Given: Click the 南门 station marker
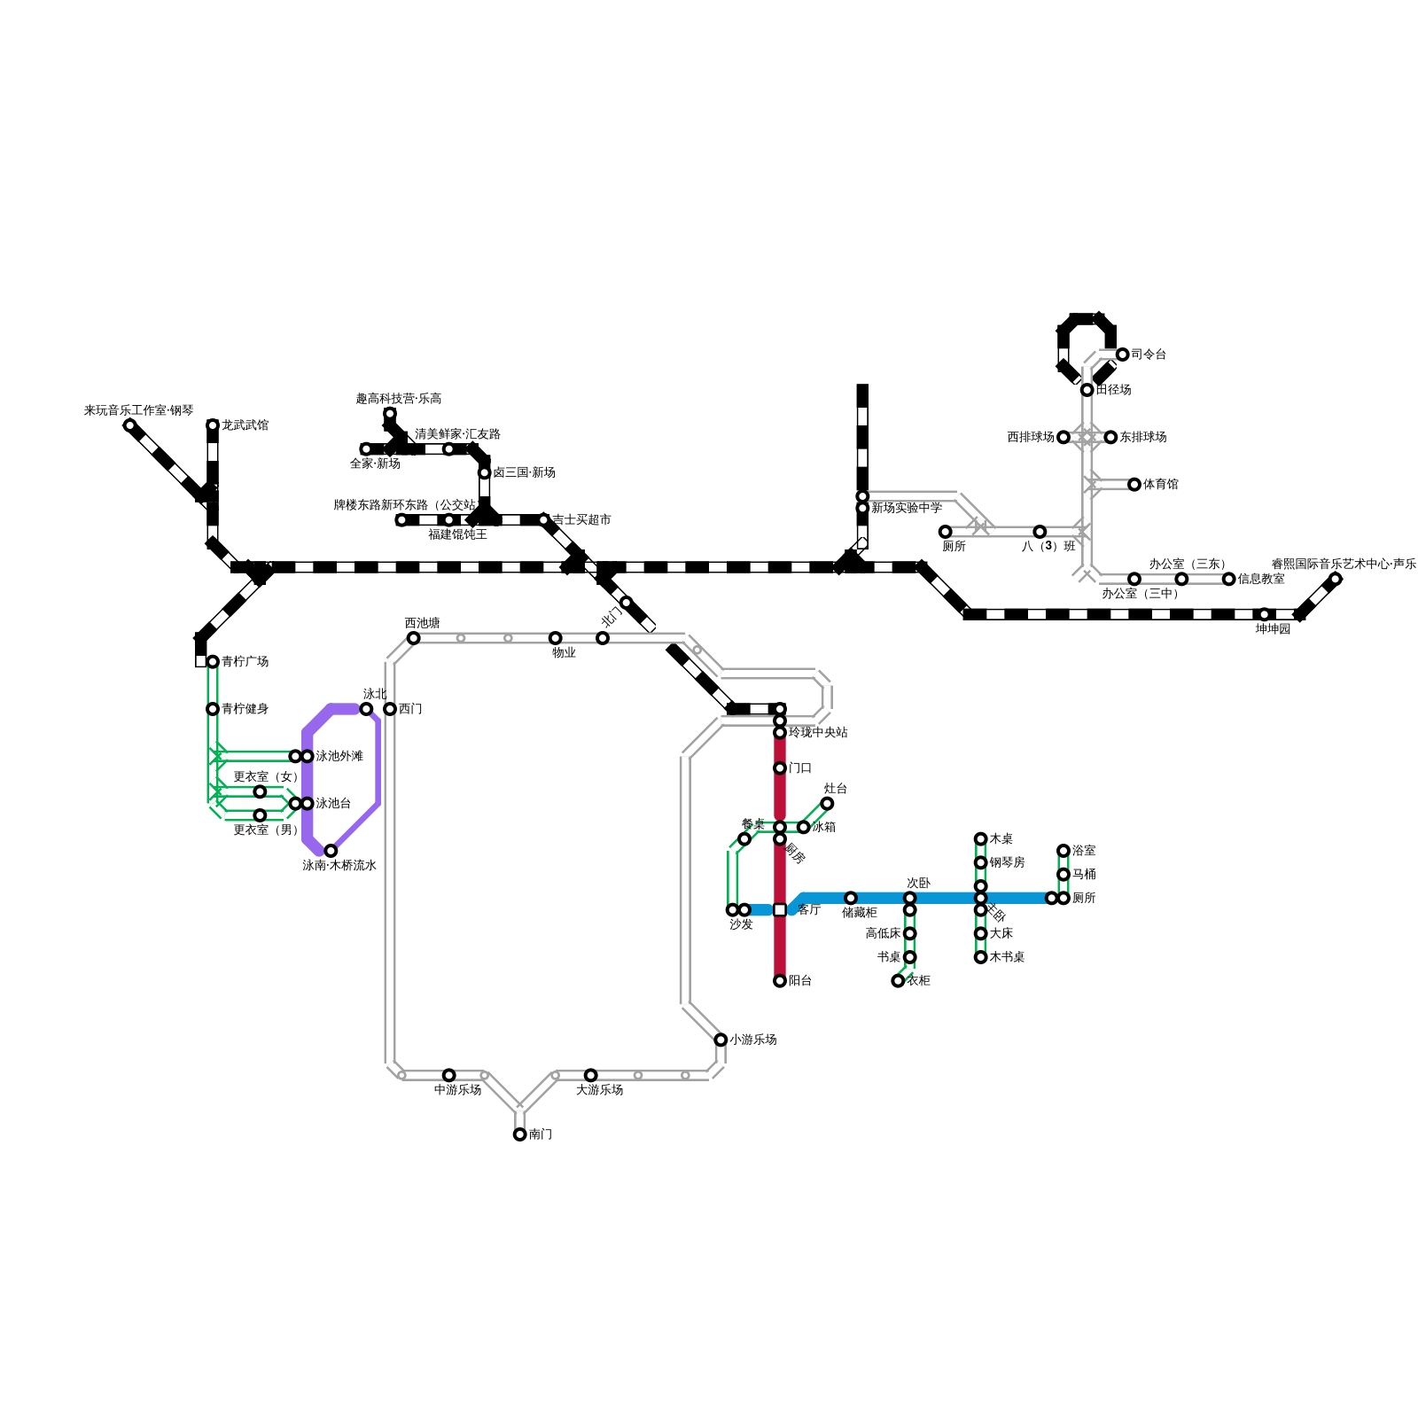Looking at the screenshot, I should [519, 1134].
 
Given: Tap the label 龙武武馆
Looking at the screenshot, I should [245, 425].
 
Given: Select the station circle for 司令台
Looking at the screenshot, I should [1122, 354].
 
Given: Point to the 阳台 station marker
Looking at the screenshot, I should [780, 981].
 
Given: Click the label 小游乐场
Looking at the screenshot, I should [752, 1040].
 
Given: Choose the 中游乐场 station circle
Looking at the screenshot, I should [448, 1075].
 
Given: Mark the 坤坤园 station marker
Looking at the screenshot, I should [1265, 614].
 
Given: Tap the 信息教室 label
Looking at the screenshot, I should [1261, 579].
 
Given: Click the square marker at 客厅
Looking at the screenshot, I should [780, 910].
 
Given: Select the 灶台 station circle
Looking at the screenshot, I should [827, 804].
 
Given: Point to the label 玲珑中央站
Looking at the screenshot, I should [818, 733].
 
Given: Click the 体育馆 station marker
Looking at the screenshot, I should [1134, 485].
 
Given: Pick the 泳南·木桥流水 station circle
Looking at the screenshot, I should [331, 851].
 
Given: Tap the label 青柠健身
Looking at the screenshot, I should [245, 709].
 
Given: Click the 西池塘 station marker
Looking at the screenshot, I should [413, 638].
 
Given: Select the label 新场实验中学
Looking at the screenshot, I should [906, 508].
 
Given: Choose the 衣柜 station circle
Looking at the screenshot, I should [898, 981].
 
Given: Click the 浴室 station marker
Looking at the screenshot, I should [1063, 851].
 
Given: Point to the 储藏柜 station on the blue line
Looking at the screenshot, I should [851, 898].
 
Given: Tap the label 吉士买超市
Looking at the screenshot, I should [581, 520].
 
